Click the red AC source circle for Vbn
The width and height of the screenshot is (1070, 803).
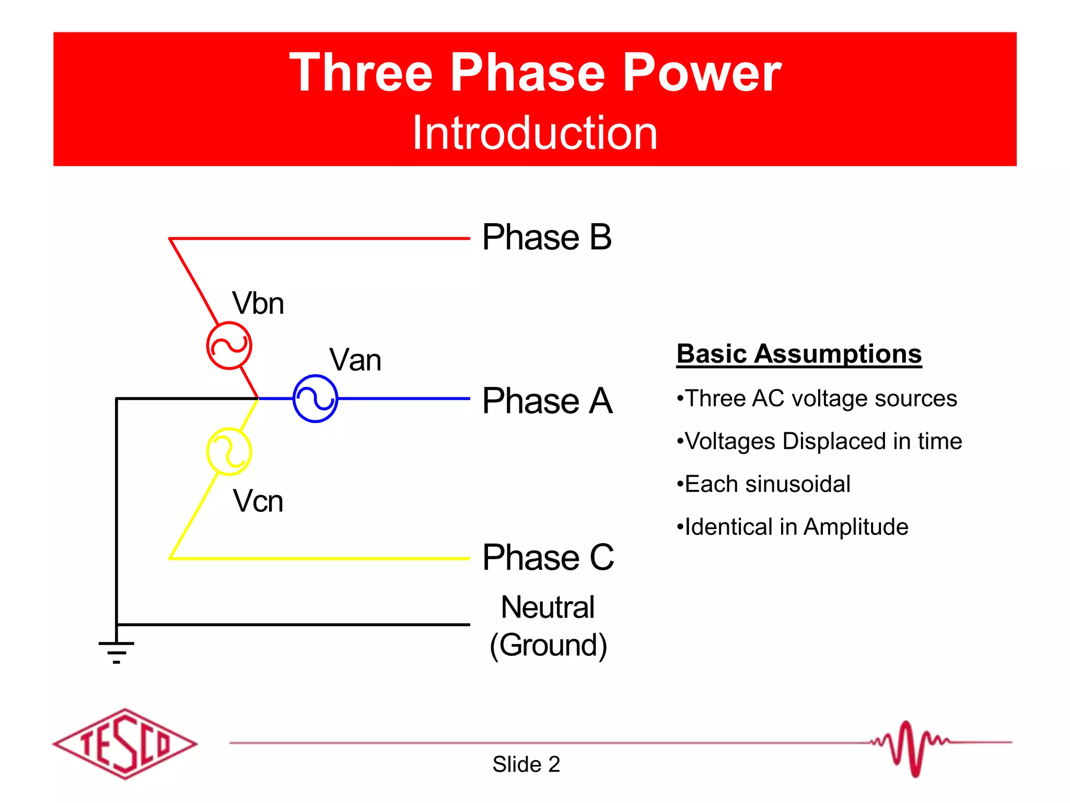pos(229,346)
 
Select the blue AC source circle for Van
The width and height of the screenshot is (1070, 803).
pos(315,398)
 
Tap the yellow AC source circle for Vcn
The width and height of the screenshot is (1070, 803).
pos(229,451)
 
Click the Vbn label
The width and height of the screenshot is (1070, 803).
pos(258,303)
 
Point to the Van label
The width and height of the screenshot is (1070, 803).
pos(355,360)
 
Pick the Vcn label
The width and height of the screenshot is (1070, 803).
pos(258,501)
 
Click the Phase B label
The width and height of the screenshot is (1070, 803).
pos(546,237)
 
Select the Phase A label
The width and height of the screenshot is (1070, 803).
pos(547,401)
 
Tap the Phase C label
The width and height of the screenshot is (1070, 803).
pos(548,557)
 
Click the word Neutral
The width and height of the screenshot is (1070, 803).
pos(548,607)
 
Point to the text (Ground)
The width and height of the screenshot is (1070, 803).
pos(548,645)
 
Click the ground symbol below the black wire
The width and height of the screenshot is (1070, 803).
pos(117,651)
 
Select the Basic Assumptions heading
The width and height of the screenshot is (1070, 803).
pos(799,354)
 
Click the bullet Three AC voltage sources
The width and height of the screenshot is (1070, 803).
pos(817,398)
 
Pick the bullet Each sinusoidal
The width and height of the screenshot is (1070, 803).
pos(763,484)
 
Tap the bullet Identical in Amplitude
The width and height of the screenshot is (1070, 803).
pos(792,527)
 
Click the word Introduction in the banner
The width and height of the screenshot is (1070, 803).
pos(534,133)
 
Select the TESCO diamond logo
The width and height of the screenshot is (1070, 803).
pos(125,743)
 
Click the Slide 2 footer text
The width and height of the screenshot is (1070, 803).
pos(526,764)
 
